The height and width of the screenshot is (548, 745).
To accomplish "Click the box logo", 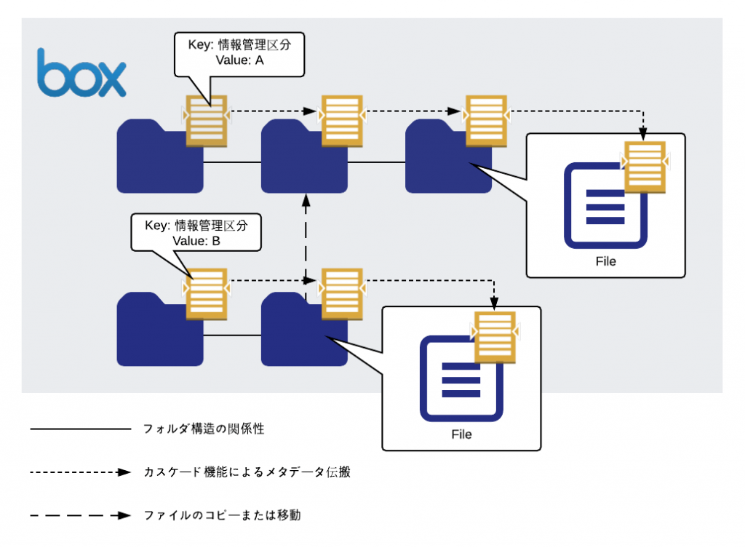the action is (x=81, y=73).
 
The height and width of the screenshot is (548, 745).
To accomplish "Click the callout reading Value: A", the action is (x=239, y=54).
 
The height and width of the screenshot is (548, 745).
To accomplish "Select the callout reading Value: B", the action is (x=196, y=232).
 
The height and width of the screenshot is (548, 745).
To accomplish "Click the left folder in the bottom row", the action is (x=160, y=329).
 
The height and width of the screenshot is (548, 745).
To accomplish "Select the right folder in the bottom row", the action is (x=304, y=329).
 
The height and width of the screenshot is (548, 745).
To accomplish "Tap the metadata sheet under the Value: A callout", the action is (x=206, y=121).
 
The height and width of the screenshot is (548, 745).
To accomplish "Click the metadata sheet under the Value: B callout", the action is (x=206, y=294).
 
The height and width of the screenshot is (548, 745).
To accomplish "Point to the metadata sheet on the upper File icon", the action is (x=645, y=167).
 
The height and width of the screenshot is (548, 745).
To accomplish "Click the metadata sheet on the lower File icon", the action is (x=495, y=337).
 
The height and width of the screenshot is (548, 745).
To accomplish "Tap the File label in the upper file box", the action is (x=606, y=261).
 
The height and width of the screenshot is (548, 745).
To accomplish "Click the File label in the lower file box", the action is (x=461, y=434).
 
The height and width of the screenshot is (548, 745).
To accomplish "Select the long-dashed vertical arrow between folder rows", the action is (x=306, y=247).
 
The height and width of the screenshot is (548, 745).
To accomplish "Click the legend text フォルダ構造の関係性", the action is (x=204, y=429).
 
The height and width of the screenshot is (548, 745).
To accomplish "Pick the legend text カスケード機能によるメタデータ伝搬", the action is (x=247, y=472).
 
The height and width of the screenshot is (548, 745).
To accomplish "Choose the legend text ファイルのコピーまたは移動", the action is (x=223, y=515).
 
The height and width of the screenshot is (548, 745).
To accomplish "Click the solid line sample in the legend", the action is (x=80, y=429).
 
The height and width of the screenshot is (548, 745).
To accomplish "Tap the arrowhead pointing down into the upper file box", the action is (x=643, y=134).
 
